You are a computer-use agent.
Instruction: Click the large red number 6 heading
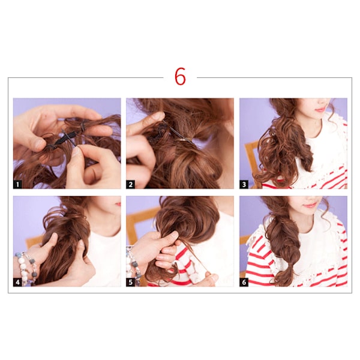click(x=180, y=76)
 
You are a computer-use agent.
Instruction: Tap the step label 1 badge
click(x=17, y=184)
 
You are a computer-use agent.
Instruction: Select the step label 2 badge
click(x=130, y=184)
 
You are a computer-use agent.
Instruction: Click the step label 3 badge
click(x=244, y=184)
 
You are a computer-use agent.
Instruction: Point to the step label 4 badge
click(x=17, y=282)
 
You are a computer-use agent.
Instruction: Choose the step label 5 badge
click(x=130, y=282)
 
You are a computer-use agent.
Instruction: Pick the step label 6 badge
click(x=244, y=282)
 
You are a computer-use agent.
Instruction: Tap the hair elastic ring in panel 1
click(x=83, y=125)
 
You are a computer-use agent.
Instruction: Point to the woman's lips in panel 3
click(x=320, y=109)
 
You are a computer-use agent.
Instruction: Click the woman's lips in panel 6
click(x=310, y=205)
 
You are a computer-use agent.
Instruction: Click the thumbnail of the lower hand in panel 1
click(x=76, y=151)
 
